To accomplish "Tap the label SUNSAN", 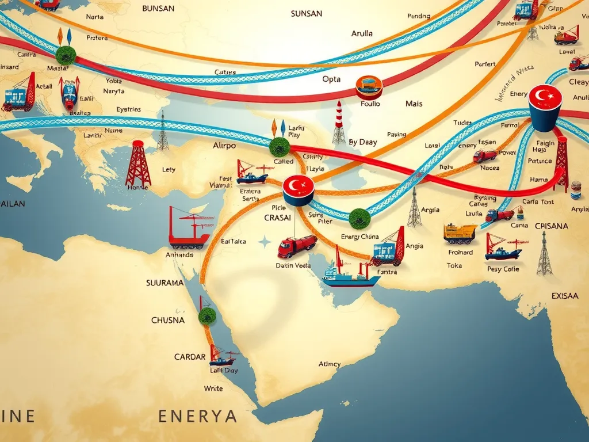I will point(306,13).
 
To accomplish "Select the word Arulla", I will point(362,33).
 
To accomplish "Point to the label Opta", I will point(331,79).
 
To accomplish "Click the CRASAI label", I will point(277,218).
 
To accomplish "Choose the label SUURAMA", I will point(165,283).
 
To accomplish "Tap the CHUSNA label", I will point(168,320).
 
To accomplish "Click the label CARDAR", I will point(189,357).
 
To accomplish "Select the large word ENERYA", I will point(197,416).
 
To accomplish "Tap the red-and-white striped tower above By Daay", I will point(339,121).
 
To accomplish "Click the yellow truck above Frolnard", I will point(460,233).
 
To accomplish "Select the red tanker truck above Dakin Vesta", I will point(297,246).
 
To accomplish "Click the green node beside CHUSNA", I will point(206,315).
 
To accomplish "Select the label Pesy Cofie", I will point(503,269).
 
